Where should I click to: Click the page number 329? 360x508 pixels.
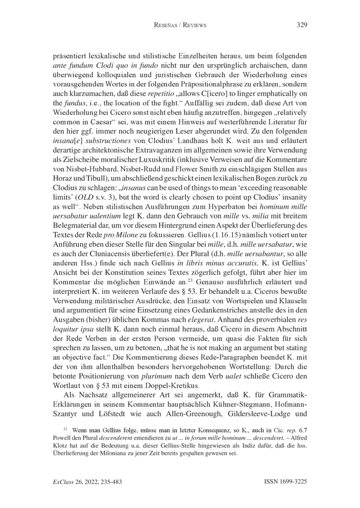click(301, 25)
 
